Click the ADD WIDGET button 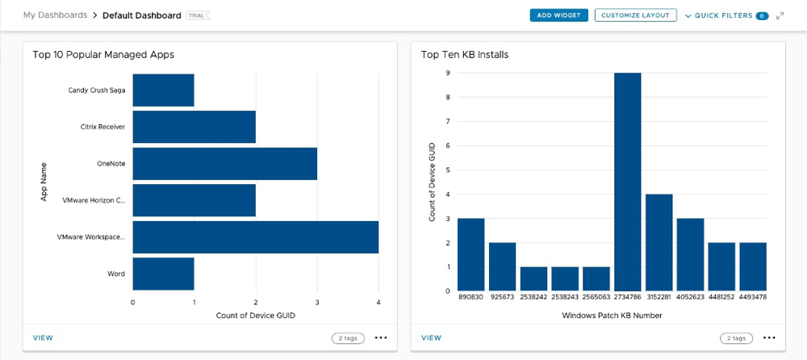click(558, 15)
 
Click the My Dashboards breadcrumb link click(55, 15)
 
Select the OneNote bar click(224, 163)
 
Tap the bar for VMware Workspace click(255, 237)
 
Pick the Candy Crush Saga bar click(163, 90)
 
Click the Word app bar click(163, 274)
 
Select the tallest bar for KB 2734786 click(627, 182)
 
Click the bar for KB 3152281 click(659, 242)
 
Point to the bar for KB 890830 click(470, 254)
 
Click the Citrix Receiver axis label click(102, 127)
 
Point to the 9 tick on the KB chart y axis click(448, 73)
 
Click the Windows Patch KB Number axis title click(612, 316)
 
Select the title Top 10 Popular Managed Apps click(103, 55)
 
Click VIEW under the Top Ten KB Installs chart click(432, 338)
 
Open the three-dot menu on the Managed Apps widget click(381, 338)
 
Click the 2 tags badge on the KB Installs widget click(736, 338)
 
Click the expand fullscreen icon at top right click(780, 15)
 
